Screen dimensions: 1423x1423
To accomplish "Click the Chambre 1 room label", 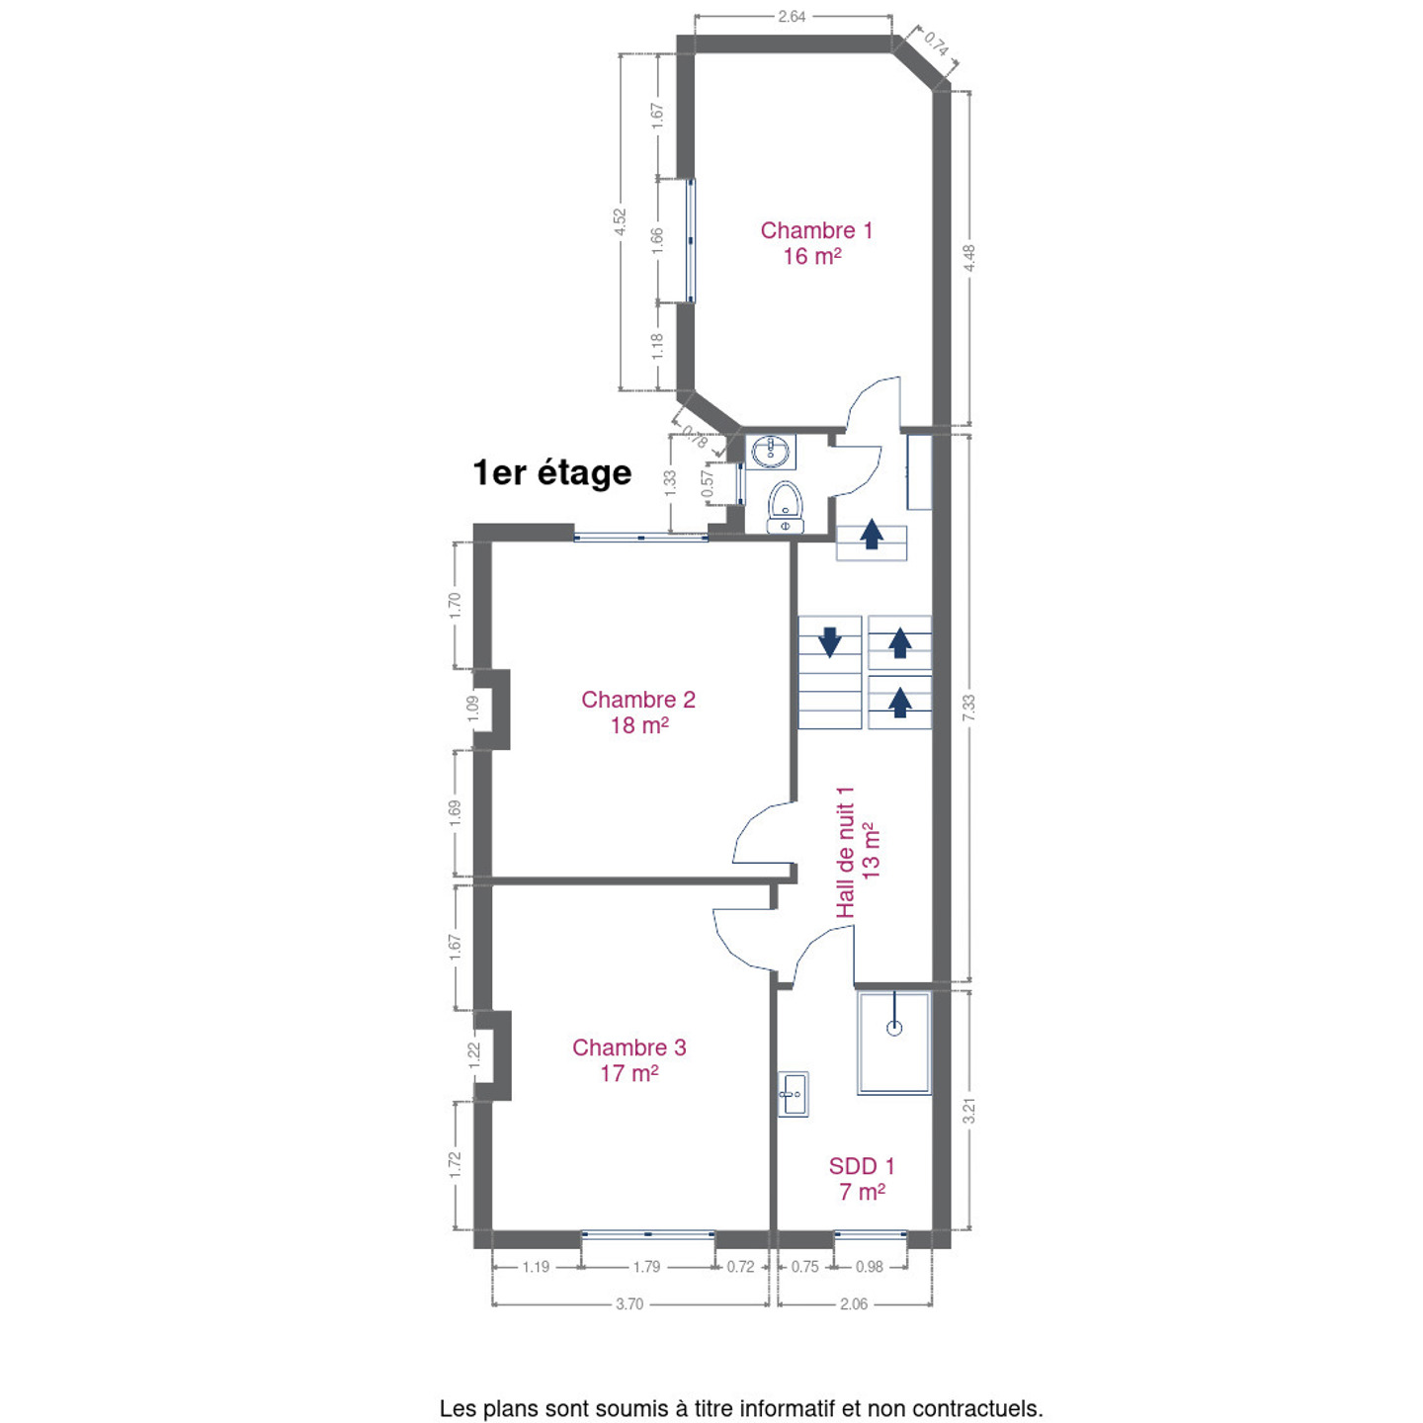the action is pyautogui.click(x=815, y=243).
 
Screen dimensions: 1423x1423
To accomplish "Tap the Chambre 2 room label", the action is pyautogui.click(x=638, y=711).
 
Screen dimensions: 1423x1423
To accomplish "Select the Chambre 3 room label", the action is pyautogui.click(x=629, y=1059).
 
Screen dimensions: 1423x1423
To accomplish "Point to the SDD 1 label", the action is pyautogui.click(x=862, y=1179).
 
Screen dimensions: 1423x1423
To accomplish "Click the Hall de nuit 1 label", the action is pyautogui.click(x=858, y=852).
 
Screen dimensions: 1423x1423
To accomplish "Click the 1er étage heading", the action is pyautogui.click(x=552, y=472).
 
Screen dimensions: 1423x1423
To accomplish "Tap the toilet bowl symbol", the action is pyautogui.click(x=785, y=507).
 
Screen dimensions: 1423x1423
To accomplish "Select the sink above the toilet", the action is pyautogui.click(x=771, y=452).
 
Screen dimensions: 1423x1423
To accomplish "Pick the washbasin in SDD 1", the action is pyautogui.click(x=794, y=1094).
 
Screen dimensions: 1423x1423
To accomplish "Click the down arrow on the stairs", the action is pyautogui.click(x=830, y=642).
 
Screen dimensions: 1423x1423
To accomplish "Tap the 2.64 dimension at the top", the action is pyautogui.click(x=792, y=16).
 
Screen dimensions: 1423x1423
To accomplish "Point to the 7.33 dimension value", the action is pyautogui.click(x=969, y=708).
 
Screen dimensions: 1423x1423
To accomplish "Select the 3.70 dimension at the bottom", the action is pyautogui.click(x=629, y=1304).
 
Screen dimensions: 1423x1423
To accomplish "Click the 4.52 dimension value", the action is pyautogui.click(x=620, y=221).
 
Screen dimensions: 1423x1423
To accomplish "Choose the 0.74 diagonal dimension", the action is pyautogui.click(x=936, y=45).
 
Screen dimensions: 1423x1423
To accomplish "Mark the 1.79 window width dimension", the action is pyautogui.click(x=646, y=1267).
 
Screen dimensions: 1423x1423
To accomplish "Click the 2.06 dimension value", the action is pyautogui.click(x=854, y=1304).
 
